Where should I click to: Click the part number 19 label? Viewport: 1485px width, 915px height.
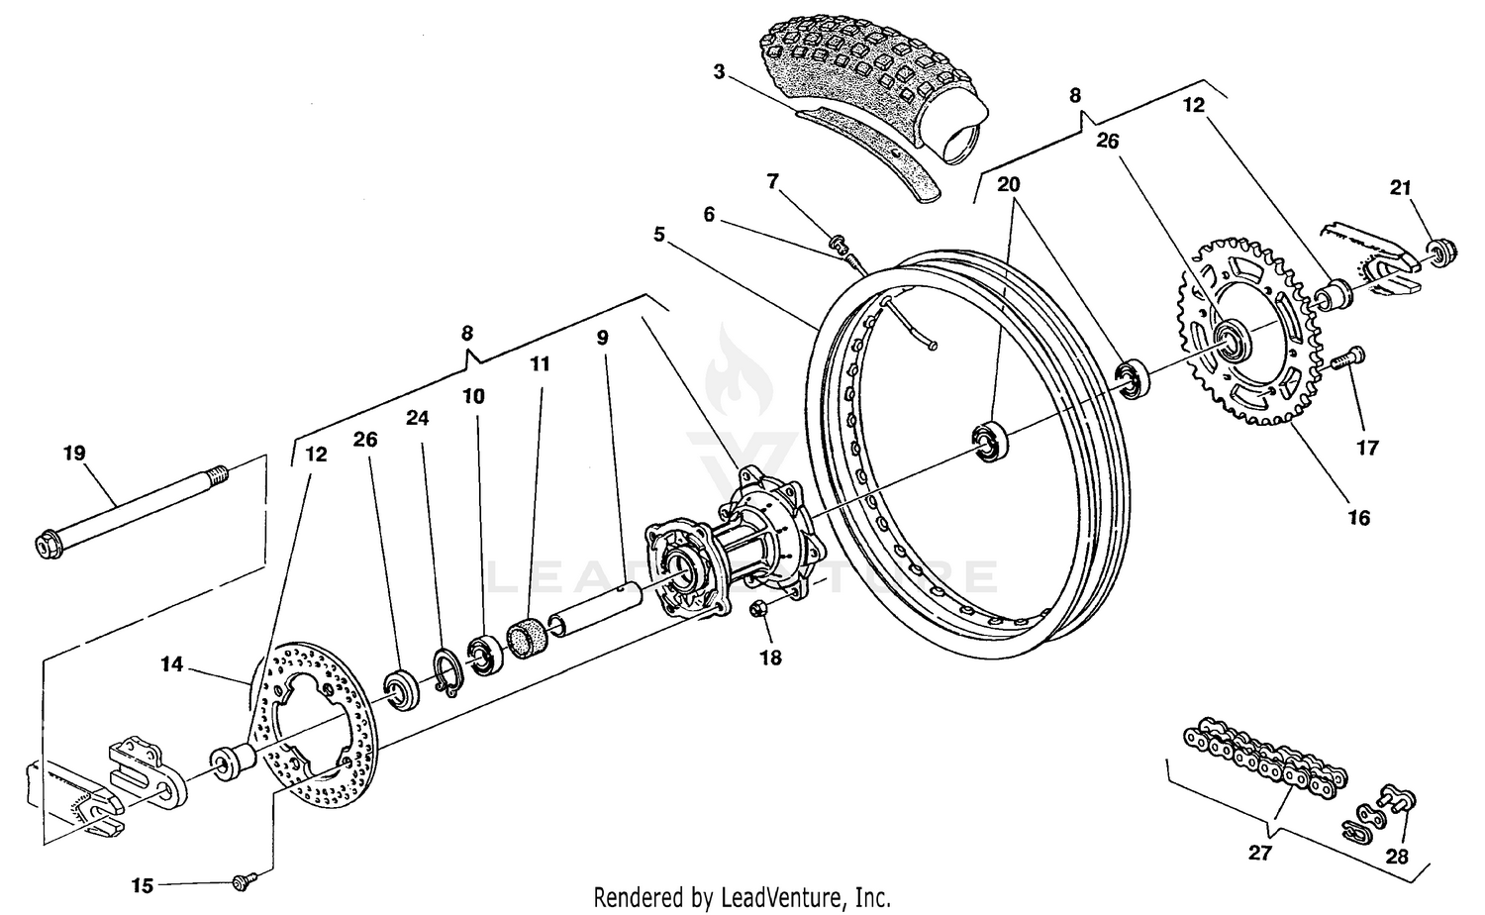tap(74, 454)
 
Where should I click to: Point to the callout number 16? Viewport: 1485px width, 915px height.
tap(1358, 517)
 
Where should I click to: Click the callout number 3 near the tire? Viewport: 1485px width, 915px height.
tap(720, 71)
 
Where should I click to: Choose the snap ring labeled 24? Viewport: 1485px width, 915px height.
tap(446, 669)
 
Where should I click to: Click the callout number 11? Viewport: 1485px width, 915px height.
tap(539, 364)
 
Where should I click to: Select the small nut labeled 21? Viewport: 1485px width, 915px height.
tap(1440, 252)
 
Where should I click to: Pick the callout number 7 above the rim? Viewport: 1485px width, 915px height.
tap(773, 181)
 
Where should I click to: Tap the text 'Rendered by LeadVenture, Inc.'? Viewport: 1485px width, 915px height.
tap(742, 897)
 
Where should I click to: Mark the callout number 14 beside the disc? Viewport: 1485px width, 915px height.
tap(172, 664)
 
